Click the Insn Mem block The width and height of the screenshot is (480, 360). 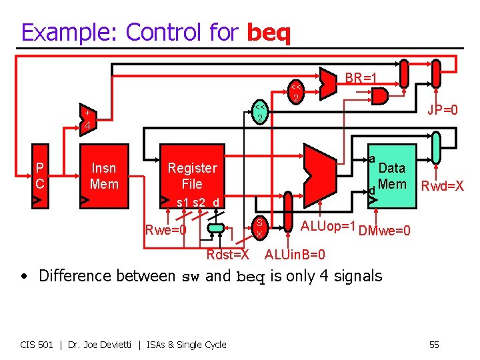[x=103, y=176]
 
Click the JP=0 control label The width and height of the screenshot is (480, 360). [x=442, y=109]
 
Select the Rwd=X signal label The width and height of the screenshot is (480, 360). [x=442, y=186]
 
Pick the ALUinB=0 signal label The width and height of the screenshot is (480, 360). [x=295, y=255]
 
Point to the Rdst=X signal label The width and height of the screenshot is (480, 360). [x=227, y=255]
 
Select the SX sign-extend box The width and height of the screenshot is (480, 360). [x=259, y=228]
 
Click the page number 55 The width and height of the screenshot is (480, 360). [x=434, y=344]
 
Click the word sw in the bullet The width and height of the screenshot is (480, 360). [x=191, y=277]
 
